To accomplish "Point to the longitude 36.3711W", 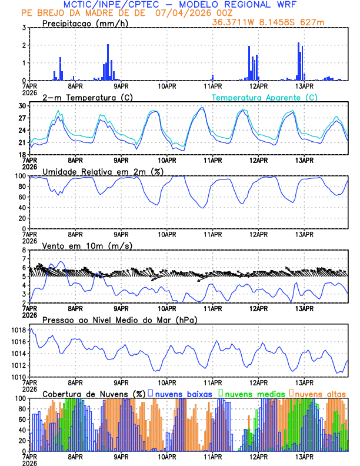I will (x=235, y=22).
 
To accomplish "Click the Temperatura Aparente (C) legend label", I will (x=265, y=97).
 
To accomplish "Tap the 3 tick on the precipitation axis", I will (x=24, y=28).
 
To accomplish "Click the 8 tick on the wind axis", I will (x=24, y=250).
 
